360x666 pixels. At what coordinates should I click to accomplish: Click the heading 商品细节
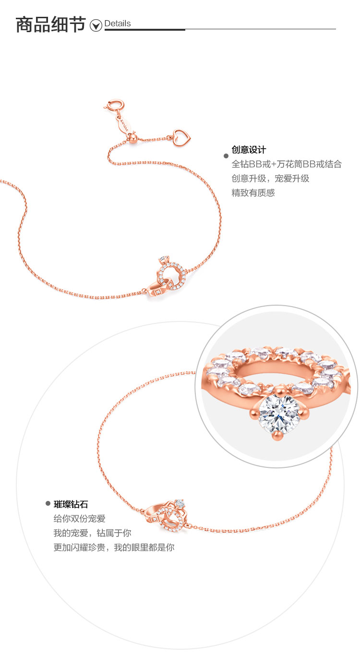coord(50,24)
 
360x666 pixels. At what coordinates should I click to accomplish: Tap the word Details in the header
coord(118,24)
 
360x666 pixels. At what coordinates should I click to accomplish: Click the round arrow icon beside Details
coord(96,25)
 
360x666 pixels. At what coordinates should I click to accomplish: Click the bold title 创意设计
coord(249,150)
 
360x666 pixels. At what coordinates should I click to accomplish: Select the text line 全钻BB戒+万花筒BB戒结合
coord(287,164)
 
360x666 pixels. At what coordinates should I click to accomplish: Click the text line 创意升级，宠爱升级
coord(270,178)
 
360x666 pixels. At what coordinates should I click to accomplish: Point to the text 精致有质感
coord(253,193)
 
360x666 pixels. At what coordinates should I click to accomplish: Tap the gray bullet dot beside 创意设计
coord(226,156)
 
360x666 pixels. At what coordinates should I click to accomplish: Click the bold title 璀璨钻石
coord(71,504)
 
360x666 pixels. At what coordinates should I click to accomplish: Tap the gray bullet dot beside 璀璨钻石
coord(48,503)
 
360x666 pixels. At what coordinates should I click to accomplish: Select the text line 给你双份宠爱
coord(79,519)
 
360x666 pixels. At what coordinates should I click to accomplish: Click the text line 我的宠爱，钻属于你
coord(92,533)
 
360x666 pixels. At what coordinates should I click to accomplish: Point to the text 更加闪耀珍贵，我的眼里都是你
coord(113,547)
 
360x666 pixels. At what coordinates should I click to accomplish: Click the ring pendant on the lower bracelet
coord(168,515)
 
